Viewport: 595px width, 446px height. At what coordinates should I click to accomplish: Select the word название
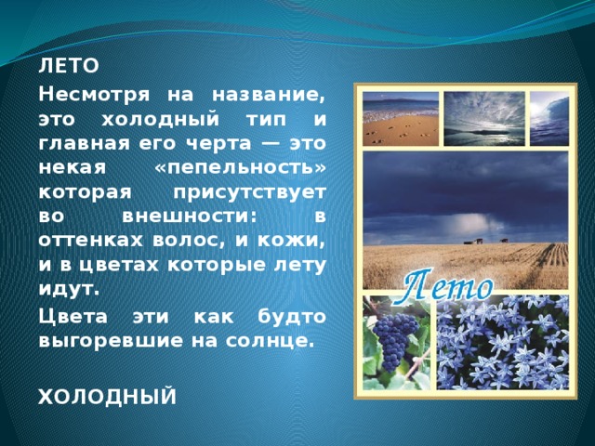[x=269, y=95]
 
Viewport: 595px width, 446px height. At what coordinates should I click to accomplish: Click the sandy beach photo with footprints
[x=399, y=120]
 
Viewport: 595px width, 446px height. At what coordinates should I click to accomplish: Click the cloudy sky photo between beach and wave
[x=483, y=120]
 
